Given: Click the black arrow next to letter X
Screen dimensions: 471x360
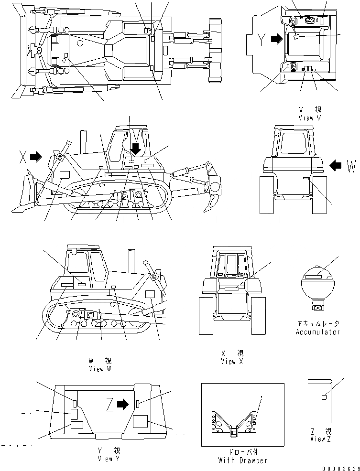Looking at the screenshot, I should click(36, 156).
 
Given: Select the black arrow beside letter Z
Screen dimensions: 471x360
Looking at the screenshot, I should click(123, 405).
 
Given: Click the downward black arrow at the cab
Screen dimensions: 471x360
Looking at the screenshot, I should click(136, 149).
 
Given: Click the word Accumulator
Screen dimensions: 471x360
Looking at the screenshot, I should click(317, 332).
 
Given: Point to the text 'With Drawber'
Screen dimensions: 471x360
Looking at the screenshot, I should click(242, 460).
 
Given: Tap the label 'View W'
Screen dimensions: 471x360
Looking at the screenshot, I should click(101, 369).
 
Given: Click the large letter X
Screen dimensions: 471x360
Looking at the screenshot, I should click(23, 157).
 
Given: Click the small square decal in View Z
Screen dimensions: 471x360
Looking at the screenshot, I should click(324, 397).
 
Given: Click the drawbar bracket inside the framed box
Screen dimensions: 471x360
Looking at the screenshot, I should click(234, 424).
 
